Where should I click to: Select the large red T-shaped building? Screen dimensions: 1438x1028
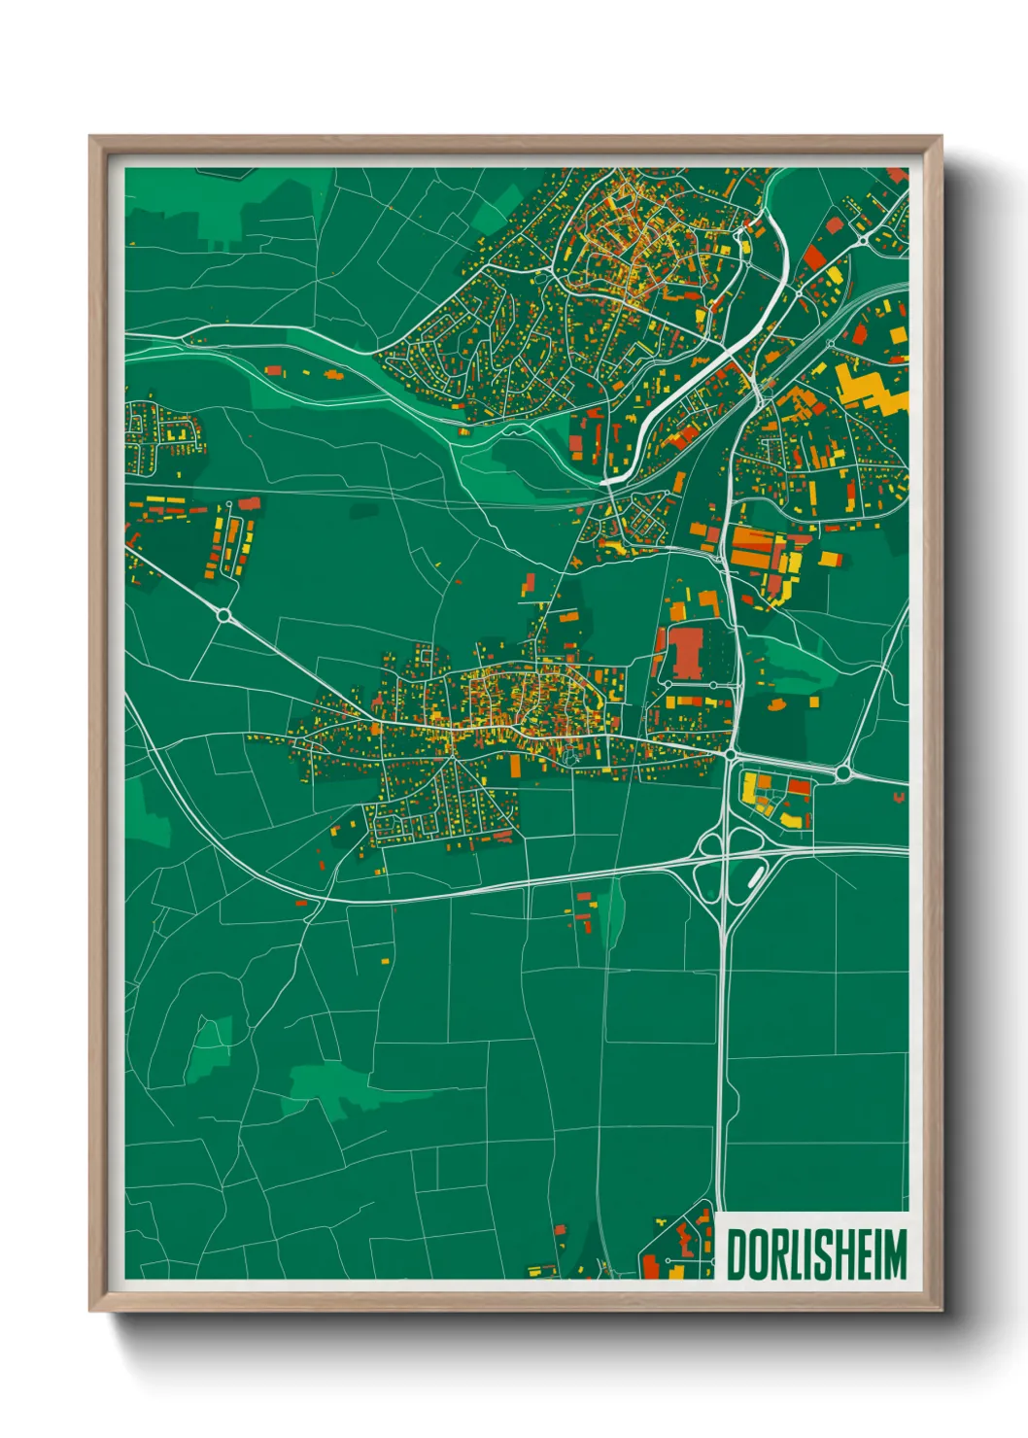[686, 652]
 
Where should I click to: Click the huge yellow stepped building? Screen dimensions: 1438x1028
[870, 387]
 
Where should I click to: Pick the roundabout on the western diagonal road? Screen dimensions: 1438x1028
[224, 614]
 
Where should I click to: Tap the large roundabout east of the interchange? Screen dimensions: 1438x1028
[843, 773]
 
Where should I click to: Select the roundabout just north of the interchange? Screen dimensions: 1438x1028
[730, 753]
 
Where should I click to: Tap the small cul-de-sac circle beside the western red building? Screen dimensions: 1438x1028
[229, 504]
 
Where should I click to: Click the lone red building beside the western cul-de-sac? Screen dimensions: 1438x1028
[250, 503]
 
